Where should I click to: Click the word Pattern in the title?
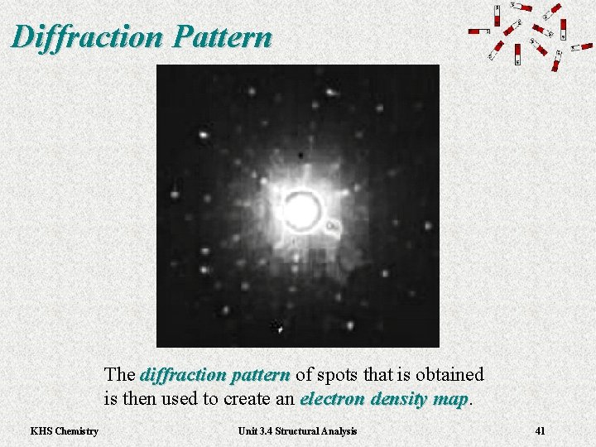(225, 36)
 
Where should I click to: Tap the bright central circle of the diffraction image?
(302, 210)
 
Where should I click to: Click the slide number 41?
(540, 430)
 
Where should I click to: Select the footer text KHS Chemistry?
(64, 430)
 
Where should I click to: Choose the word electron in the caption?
(328, 398)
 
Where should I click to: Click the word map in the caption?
(451, 398)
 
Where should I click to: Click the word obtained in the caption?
(451, 375)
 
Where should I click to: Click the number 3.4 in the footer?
(267, 430)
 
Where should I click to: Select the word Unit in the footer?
(248, 430)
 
